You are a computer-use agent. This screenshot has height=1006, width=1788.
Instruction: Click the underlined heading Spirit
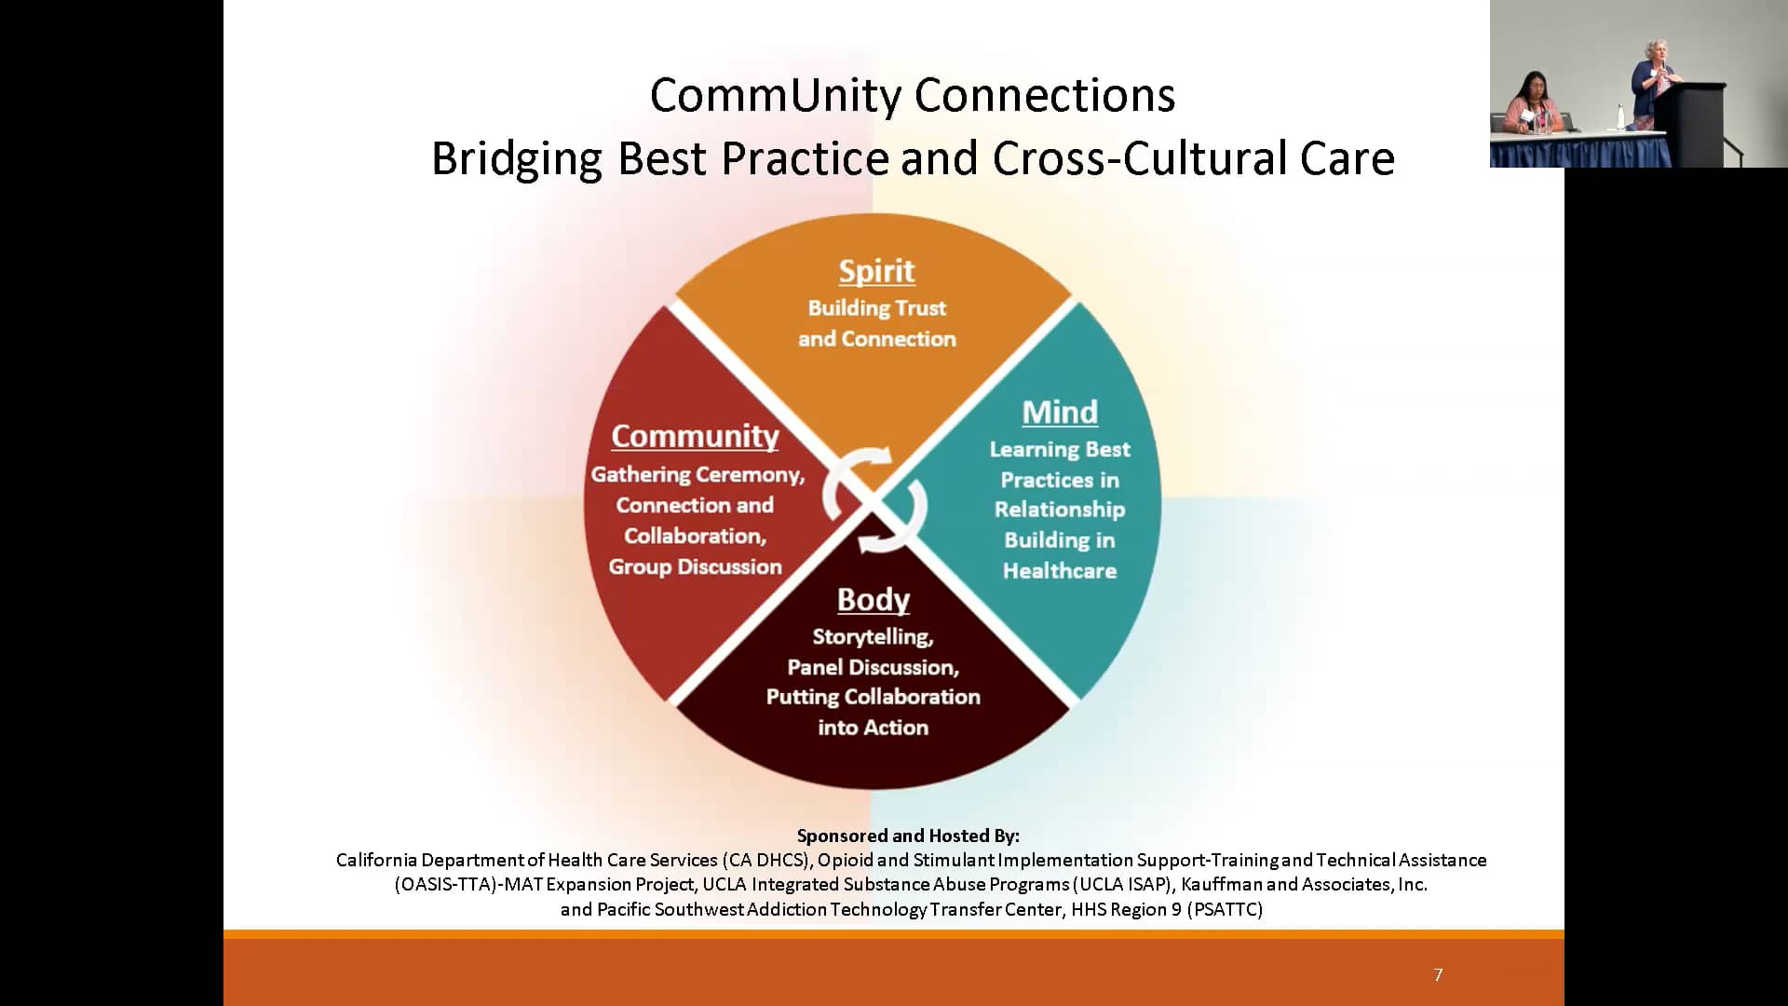tap(876, 271)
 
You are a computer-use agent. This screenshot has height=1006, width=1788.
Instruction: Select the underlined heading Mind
tap(1060, 413)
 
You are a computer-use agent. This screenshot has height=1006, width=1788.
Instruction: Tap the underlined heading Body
tap(873, 600)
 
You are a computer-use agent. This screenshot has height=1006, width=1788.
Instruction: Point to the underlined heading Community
tap(695, 436)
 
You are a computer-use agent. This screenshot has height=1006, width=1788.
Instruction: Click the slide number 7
tap(1438, 975)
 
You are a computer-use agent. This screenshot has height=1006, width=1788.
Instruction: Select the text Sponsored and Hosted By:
tap(908, 836)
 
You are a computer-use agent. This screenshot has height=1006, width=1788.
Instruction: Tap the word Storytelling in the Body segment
tap(872, 637)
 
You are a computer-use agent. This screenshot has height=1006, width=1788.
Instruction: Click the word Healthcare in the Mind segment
tap(1059, 571)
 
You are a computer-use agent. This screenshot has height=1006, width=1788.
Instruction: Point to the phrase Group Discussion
tap(695, 567)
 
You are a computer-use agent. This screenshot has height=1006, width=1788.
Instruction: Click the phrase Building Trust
tap(876, 308)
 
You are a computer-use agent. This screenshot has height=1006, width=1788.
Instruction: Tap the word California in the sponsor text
tap(376, 860)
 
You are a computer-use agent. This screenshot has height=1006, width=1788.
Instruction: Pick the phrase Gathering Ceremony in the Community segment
tap(697, 475)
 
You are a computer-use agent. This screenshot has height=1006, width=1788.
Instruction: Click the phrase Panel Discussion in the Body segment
tap(873, 668)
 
